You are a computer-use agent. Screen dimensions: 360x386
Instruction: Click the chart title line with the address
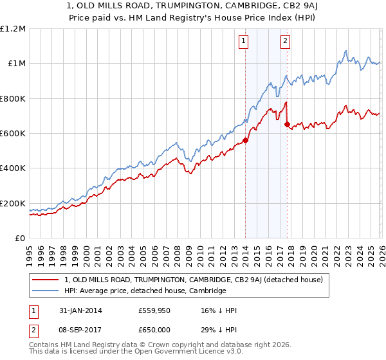pos(193,6)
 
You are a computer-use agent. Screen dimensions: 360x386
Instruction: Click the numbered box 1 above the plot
pos(244,42)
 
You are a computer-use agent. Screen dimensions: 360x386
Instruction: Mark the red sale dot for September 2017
pos(287,125)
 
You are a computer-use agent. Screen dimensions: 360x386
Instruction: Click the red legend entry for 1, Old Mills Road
pos(198,280)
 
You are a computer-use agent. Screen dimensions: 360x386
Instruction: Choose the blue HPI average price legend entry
pos(145,291)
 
